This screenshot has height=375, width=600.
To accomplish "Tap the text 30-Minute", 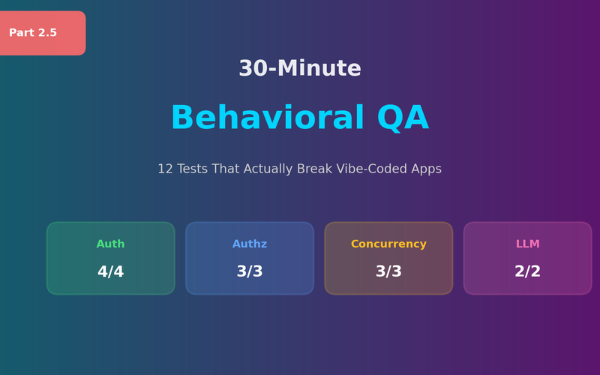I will point(300,68).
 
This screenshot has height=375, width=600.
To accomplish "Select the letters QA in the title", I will point(403,118).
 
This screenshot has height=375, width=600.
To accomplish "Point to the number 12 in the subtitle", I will point(165,169).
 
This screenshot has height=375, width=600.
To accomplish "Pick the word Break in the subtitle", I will point(316,169).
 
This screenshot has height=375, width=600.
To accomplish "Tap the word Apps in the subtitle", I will point(425,169).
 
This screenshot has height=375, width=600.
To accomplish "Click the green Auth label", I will point(110,244).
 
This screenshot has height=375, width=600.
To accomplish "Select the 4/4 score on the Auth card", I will point(110,272).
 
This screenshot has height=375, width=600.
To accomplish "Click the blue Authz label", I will point(250,244).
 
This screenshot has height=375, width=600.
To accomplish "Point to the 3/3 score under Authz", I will point(250,272).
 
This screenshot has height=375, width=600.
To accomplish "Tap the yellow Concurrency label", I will point(388,244).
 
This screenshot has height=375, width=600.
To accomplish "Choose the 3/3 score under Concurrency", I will point(388,272).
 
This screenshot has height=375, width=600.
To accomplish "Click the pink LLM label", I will point(527,244).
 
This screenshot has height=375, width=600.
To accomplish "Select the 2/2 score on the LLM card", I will point(527,272).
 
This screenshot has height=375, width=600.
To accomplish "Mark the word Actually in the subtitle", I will point(271,169).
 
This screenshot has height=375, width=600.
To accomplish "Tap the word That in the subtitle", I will point(226,169).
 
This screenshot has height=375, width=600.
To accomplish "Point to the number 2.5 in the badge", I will point(47,33).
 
